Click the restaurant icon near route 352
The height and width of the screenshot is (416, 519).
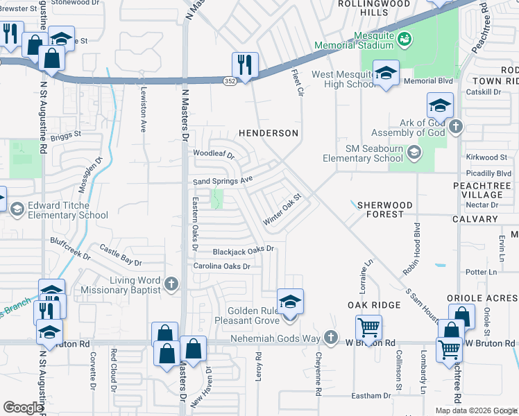pyautogui.click(x=245, y=64)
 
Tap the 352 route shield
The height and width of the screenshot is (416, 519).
pyautogui.click(x=229, y=82)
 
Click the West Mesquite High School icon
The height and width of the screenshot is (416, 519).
pyautogui.click(x=385, y=72)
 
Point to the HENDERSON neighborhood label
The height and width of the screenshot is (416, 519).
pyautogui.click(x=269, y=133)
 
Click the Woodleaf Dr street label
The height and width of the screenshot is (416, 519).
pyautogui.click(x=214, y=154)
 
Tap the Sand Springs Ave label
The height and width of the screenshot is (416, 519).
pyautogui.click(x=221, y=181)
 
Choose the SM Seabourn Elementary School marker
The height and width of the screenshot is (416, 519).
pyautogui.click(x=414, y=152)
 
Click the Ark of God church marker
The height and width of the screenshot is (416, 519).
pyautogui.click(x=455, y=126)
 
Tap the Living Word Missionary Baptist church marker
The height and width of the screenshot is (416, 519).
pyautogui.click(x=171, y=284)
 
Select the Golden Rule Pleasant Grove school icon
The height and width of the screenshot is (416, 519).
pyautogui.click(x=290, y=302)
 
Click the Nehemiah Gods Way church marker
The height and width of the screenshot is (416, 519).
pyautogui.click(x=331, y=338)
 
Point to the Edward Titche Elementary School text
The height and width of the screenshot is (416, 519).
pyautogui.click(x=67, y=210)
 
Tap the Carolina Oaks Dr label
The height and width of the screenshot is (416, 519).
pyautogui.click(x=221, y=266)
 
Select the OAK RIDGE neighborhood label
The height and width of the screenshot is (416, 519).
pyautogui.click(x=374, y=305)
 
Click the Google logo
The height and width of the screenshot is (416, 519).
pyautogui.click(x=23, y=408)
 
